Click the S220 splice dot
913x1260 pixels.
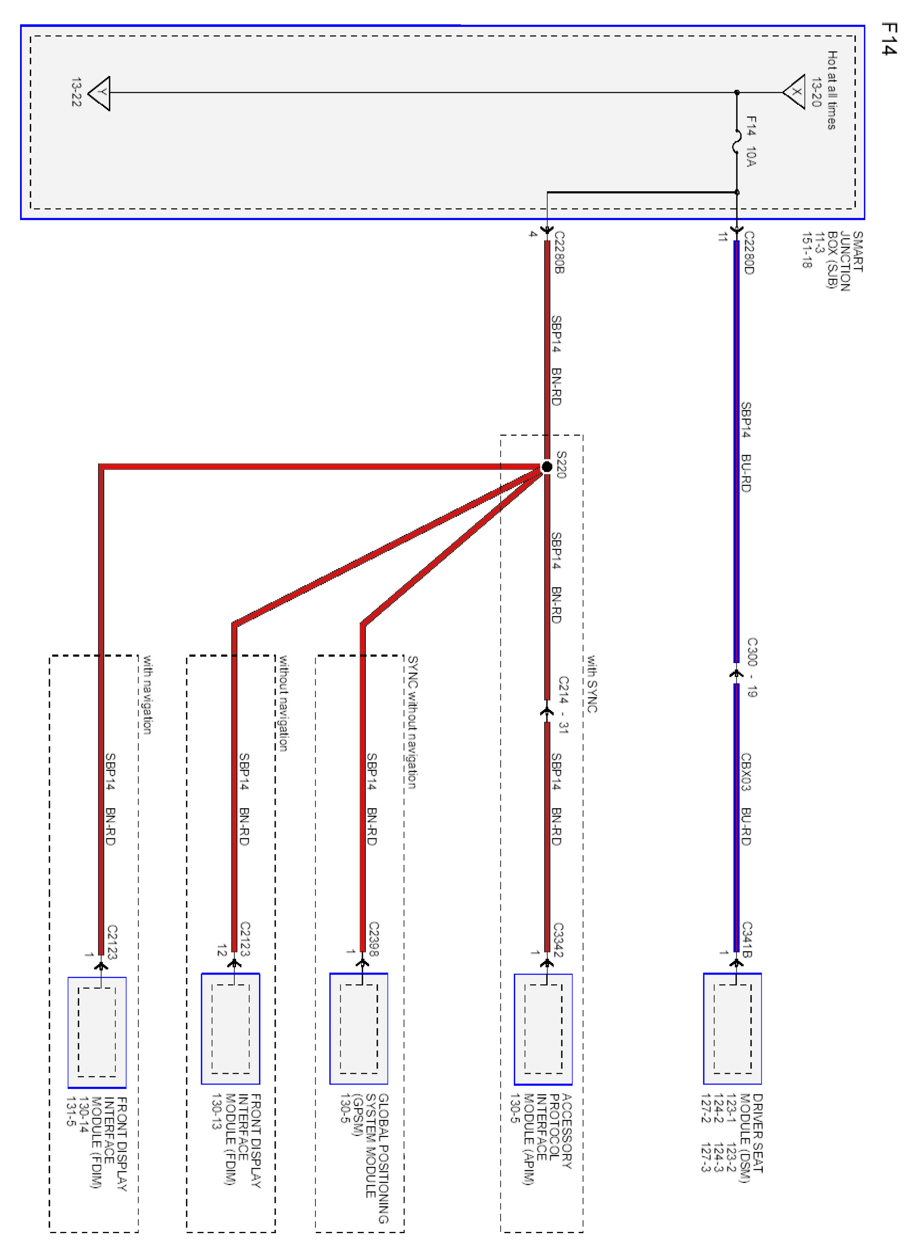(x=547, y=467)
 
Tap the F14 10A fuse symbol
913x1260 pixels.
(x=737, y=142)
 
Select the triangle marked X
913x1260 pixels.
(x=795, y=92)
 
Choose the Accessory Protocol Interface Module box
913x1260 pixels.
(x=543, y=1030)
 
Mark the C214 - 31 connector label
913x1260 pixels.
(x=563, y=704)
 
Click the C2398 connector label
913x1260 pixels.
(x=373, y=939)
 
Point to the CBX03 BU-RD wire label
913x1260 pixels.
(x=746, y=799)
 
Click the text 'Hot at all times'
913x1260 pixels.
(x=832, y=90)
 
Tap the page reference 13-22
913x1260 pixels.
(x=76, y=92)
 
